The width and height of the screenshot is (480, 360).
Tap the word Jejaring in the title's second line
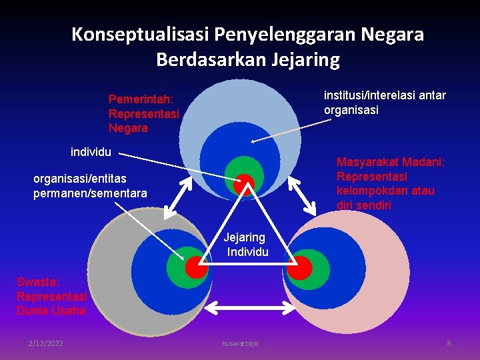click(305, 60)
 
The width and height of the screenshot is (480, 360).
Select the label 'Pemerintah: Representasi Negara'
click(144, 113)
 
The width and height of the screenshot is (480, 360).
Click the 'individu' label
click(91, 152)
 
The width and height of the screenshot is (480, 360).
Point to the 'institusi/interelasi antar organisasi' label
click(385, 103)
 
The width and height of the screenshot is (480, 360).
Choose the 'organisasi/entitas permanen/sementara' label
click(92, 186)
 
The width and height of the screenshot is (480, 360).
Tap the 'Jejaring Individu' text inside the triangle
click(246, 244)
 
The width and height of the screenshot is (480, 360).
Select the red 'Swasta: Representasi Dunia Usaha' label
click(51, 296)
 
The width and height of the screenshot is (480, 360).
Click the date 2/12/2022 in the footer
click(46, 343)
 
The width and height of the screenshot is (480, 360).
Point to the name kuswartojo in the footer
click(240, 343)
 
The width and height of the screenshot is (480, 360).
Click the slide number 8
click(449, 343)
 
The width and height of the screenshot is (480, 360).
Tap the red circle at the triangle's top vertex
click(245, 183)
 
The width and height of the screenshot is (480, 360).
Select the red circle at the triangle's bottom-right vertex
click(299, 267)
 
